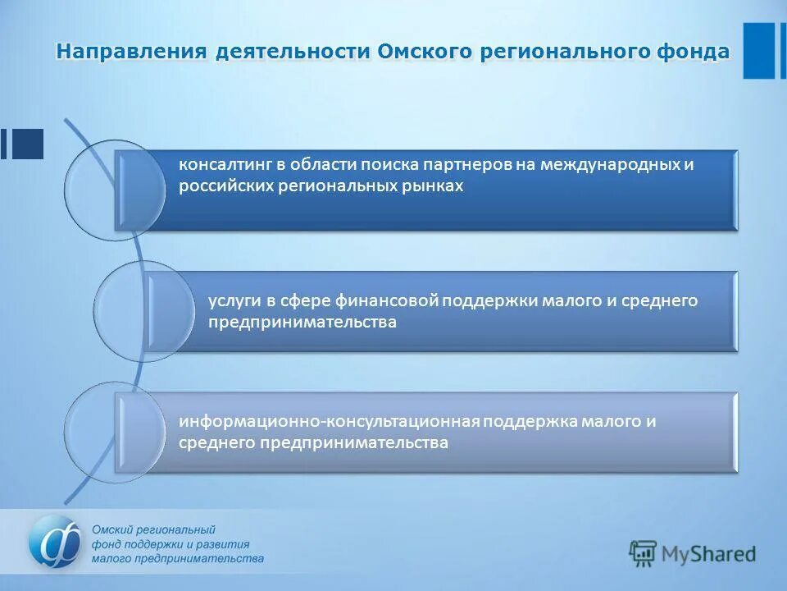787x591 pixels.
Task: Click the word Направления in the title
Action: tap(130, 52)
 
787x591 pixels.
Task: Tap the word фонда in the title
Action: tap(693, 52)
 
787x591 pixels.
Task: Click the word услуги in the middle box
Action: tap(234, 300)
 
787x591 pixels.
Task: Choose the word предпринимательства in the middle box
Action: tap(302, 323)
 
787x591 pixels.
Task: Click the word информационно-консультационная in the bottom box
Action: tap(329, 422)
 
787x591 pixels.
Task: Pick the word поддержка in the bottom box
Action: tap(530, 422)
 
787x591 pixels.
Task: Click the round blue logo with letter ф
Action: tap(56, 542)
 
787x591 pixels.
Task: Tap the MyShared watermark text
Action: tap(709, 554)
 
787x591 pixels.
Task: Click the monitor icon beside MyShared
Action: tap(644, 554)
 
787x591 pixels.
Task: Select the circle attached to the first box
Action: tap(114, 190)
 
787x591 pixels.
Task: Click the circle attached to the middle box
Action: tap(143, 311)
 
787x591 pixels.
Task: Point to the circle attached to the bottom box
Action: tap(114, 432)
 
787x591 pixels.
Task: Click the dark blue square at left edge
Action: tap(28, 144)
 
